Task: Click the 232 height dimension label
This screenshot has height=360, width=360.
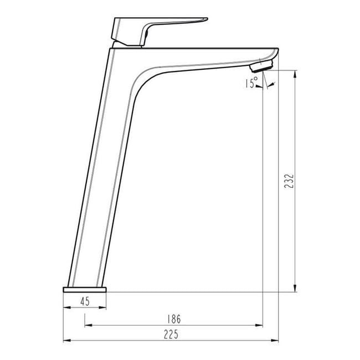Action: point(289,181)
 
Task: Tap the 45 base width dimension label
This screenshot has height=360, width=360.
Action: point(85,301)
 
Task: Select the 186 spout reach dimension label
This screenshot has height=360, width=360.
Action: point(174,319)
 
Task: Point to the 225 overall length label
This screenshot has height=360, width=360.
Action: point(171,335)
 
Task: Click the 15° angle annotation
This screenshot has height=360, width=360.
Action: point(251,83)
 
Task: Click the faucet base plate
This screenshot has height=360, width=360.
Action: point(85,290)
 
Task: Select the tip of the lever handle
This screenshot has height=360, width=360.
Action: point(207,19)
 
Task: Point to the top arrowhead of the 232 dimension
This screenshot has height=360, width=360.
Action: point(295,74)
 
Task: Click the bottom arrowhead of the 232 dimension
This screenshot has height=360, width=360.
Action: point(295,289)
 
